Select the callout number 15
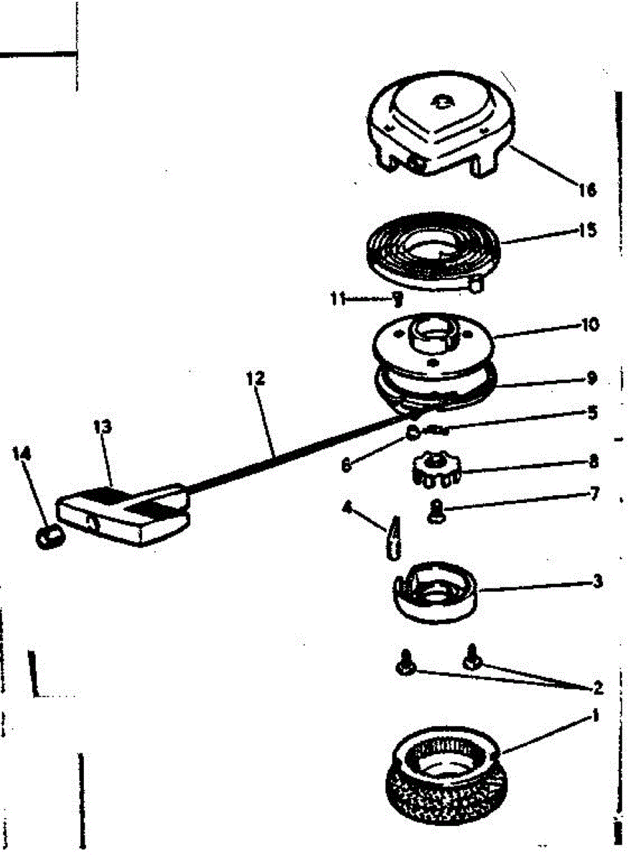587,231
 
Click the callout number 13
103,427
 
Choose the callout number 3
597,581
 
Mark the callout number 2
597,689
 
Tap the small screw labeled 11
397,298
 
